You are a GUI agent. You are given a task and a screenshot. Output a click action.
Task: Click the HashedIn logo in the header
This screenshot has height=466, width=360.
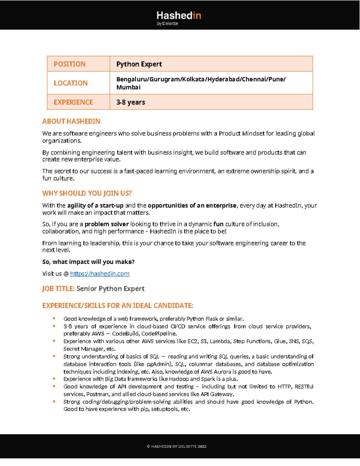click(179, 18)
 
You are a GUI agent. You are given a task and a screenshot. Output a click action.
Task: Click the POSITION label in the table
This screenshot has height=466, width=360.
click(70, 64)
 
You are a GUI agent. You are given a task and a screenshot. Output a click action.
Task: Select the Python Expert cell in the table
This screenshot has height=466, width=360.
click(139, 64)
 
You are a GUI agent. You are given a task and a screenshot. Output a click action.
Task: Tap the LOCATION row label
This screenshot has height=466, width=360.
click(70, 83)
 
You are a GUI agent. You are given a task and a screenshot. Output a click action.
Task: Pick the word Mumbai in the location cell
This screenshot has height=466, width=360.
click(128, 87)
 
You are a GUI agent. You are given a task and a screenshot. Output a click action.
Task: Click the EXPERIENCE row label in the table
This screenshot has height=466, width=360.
click(73, 102)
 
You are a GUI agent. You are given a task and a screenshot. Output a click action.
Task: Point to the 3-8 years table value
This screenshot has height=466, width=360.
click(131, 102)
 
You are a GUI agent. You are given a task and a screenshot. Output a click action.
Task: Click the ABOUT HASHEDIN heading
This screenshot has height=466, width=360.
click(71, 121)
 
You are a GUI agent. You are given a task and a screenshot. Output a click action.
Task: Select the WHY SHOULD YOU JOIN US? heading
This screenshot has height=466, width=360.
click(87, 193)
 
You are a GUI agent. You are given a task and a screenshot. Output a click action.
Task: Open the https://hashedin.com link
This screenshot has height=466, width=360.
click(100, 274)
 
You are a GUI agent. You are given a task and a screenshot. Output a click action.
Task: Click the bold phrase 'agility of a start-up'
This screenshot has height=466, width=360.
click(95, 206)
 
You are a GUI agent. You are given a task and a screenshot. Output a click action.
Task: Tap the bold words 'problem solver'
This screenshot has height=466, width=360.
click(106, 224)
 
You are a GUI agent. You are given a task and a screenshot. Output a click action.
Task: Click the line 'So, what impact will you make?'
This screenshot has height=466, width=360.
click(88, 262)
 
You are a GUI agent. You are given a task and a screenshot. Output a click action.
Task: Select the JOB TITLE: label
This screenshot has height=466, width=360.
click(58, 289)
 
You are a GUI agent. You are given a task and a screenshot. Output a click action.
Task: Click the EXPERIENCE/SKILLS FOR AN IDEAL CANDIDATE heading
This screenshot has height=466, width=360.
click(118, 305)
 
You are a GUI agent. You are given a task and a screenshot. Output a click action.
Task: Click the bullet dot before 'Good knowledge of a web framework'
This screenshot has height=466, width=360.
click(54, 318)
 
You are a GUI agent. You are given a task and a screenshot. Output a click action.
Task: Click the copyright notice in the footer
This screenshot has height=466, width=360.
click(176, 446)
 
